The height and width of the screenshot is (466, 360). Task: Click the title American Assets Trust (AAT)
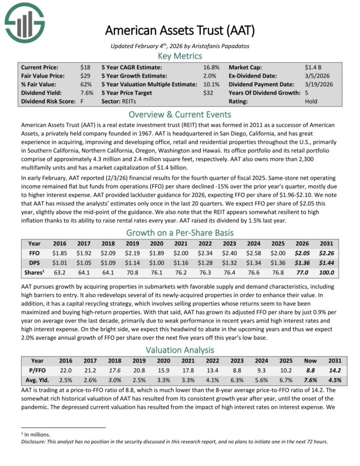(180, 30)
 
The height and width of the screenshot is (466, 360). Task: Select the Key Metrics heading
(180, 56)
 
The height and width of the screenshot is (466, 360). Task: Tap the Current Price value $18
(85, 67)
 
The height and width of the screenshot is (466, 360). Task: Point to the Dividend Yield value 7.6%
(87, 93)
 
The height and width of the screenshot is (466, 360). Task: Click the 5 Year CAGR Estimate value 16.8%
(211, 67)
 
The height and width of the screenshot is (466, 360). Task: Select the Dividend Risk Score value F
(82, 101)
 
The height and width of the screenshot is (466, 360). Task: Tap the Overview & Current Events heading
(180, 115)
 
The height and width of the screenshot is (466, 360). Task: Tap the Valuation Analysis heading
(180, 349)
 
